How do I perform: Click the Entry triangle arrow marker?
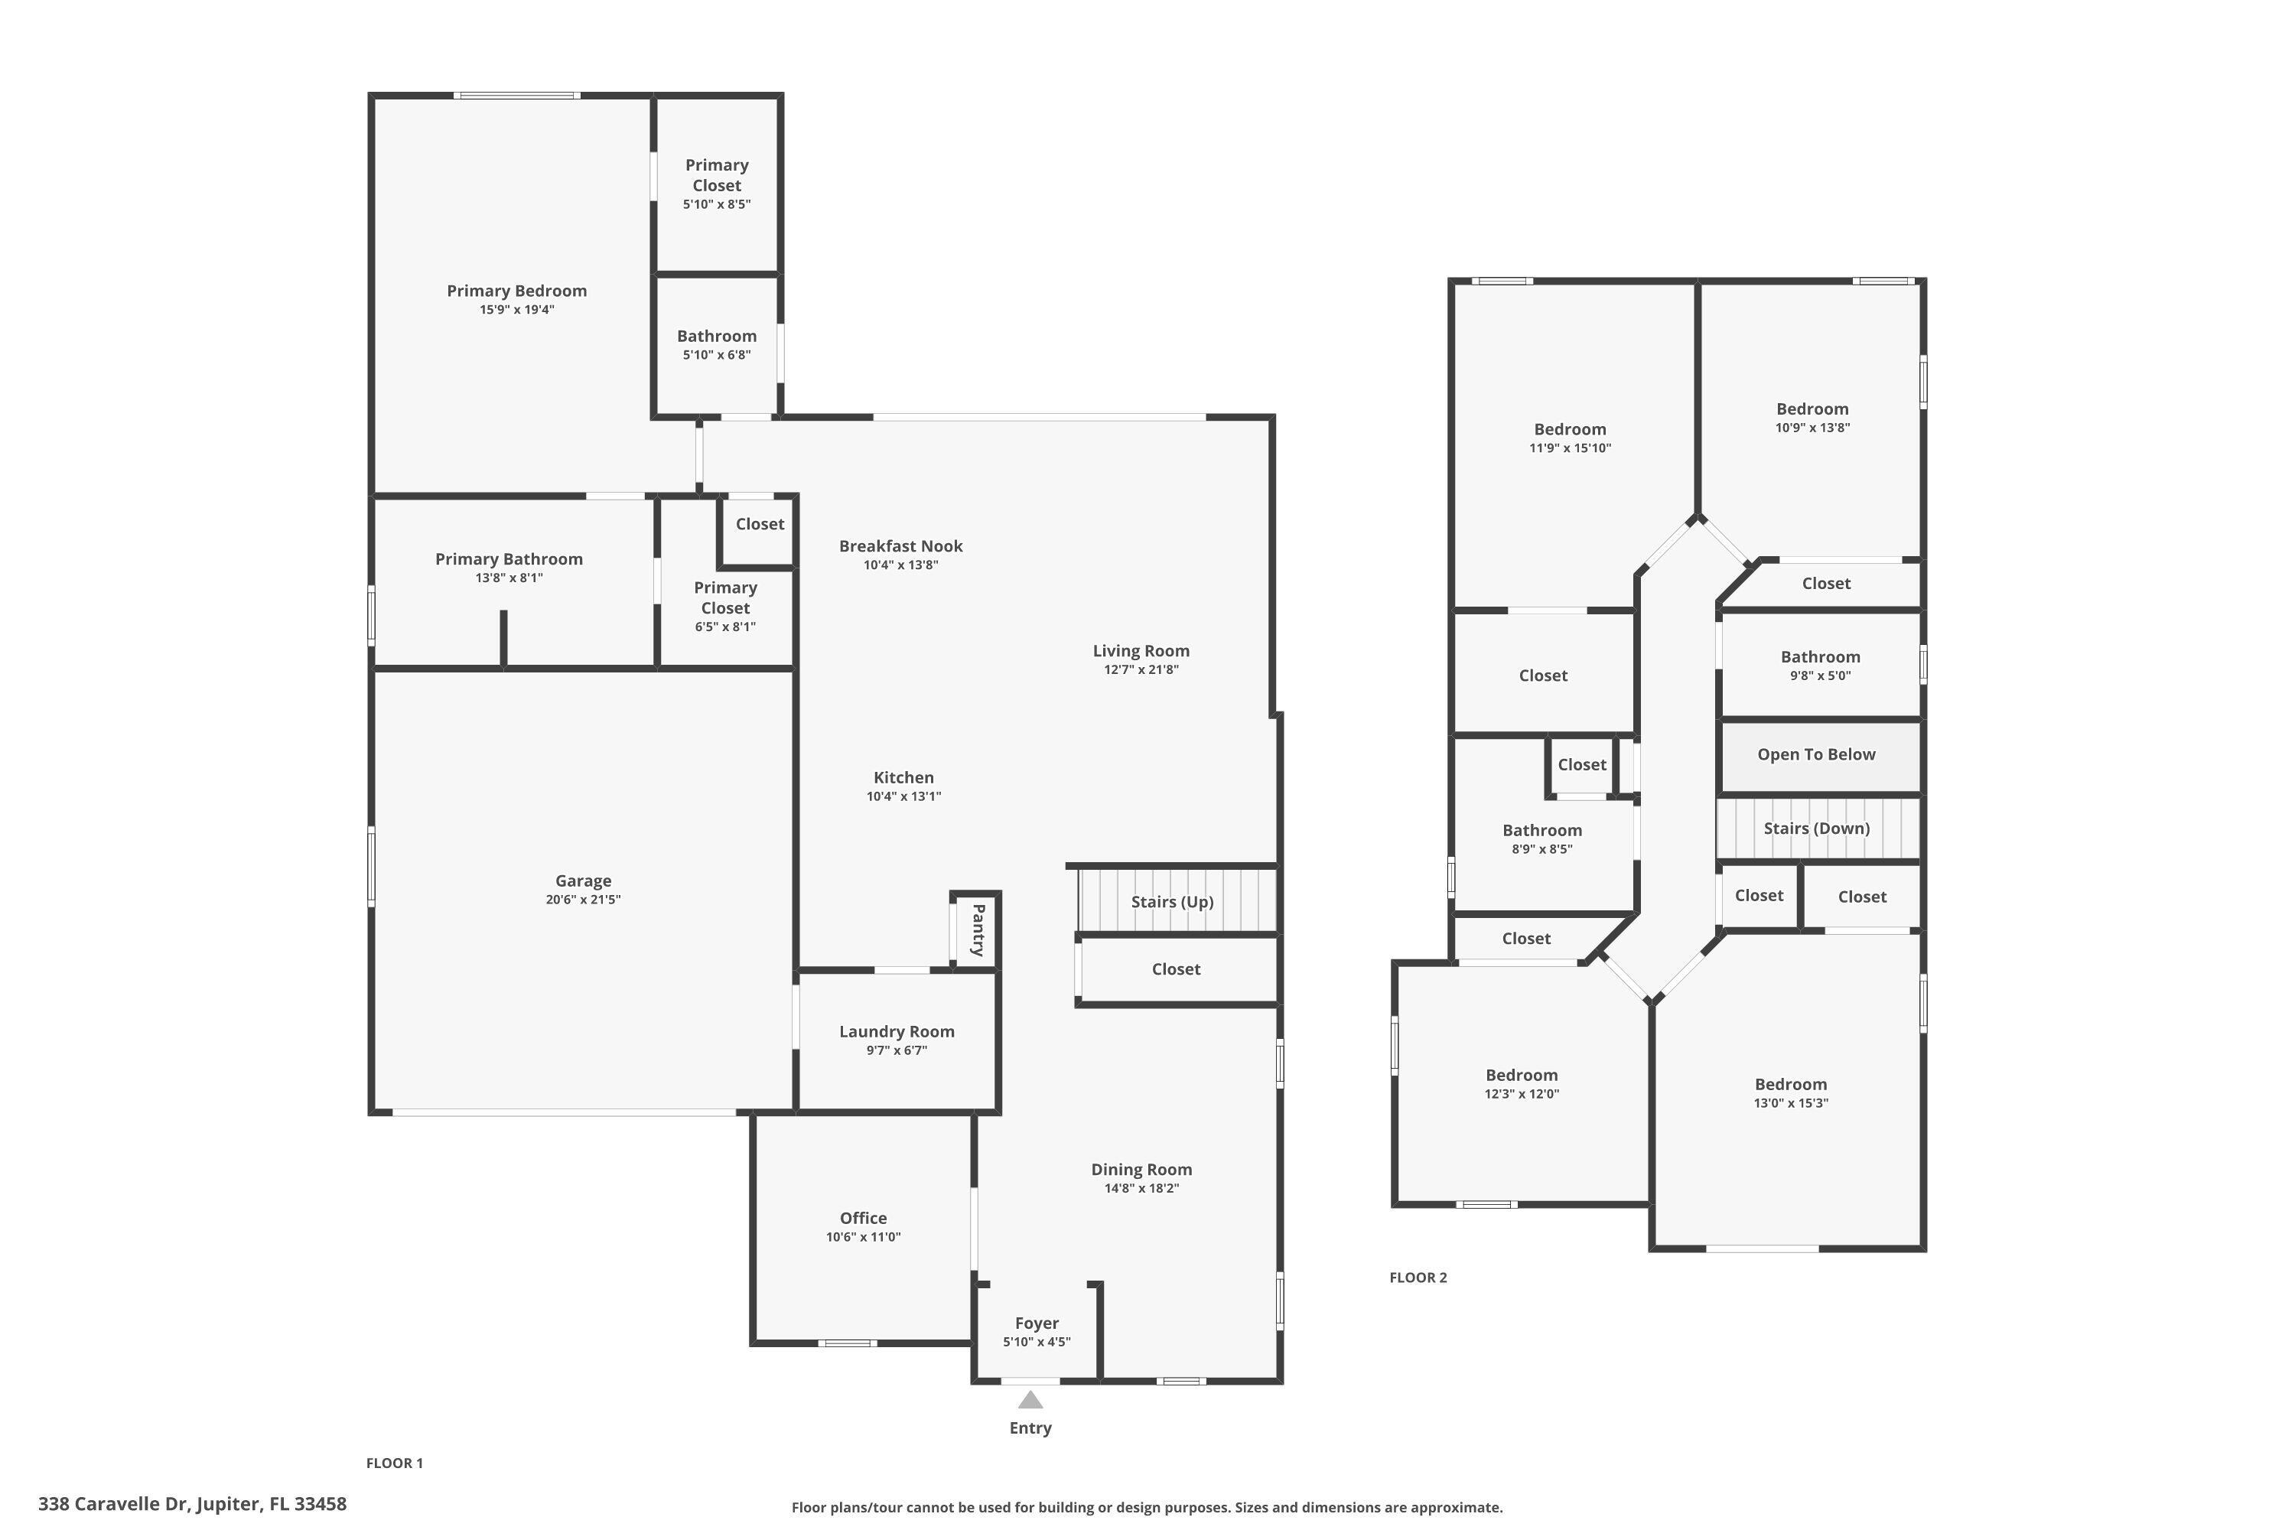click(x=1030, y=1400)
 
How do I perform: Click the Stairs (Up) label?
click(x=1172, y=902)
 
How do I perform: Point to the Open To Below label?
click(x=1816, y=754)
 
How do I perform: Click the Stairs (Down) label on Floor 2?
click(x=1816, y=828)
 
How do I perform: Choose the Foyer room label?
click(x=1037, y=1323)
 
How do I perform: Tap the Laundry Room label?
click(x=897, y=1031)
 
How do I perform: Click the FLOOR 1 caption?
click(x=394, y=1463)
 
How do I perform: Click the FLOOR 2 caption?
click(x=1418, y=1278)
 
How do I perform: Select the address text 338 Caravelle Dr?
click(x=116, y=1504)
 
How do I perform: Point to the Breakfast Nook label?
click(x=900, y=546)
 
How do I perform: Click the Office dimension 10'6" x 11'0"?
click(x=863, y=1237)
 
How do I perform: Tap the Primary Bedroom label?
click(x=516, y=291)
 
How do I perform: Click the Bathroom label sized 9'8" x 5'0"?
click(x=1820, y=656)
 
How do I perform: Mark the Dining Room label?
click(x=1141, y=1169)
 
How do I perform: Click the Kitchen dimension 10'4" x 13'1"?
click(x=903, y=796)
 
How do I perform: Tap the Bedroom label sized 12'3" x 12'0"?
click(x=1522, y=1076)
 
